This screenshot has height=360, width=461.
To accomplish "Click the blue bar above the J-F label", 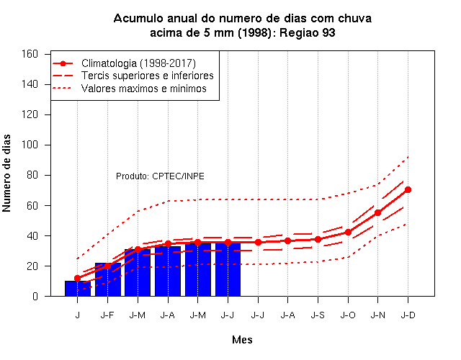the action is [107, 279].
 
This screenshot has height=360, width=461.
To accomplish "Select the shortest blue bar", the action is [78, 289].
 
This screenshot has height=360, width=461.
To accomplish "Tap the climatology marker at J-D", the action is [408, 190].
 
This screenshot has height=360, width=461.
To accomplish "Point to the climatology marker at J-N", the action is [377, 212].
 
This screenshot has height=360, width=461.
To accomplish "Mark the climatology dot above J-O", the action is [348, 232].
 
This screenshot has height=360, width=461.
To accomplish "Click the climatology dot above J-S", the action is [318, 240].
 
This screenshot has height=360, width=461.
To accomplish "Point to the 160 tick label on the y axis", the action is [30, 54].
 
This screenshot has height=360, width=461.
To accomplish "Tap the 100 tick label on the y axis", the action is [30, 145].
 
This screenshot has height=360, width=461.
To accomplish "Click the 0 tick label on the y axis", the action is [35, 296].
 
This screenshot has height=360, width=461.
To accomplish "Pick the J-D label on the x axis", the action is [408, 315].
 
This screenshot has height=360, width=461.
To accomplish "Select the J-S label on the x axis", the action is [318, 315].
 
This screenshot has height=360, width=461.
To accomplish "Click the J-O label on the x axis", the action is [348, 315].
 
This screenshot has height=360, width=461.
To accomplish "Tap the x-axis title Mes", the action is [242, 340].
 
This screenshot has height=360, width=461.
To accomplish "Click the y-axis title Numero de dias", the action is [6, 173].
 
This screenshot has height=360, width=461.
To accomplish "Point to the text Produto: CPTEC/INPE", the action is [160, 176].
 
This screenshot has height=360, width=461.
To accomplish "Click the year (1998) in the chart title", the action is [254, 32].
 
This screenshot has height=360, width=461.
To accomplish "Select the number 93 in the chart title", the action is [328, 32].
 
